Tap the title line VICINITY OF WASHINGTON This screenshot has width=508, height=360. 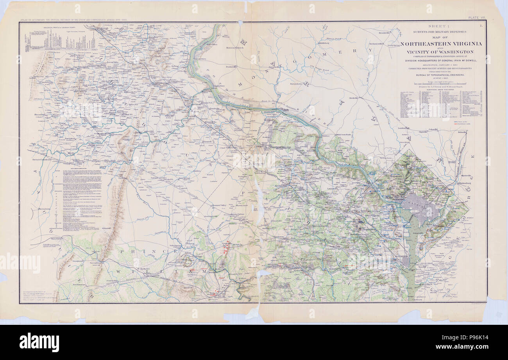440,52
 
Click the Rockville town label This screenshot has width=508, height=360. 354,97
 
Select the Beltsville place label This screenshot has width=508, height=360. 462,133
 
